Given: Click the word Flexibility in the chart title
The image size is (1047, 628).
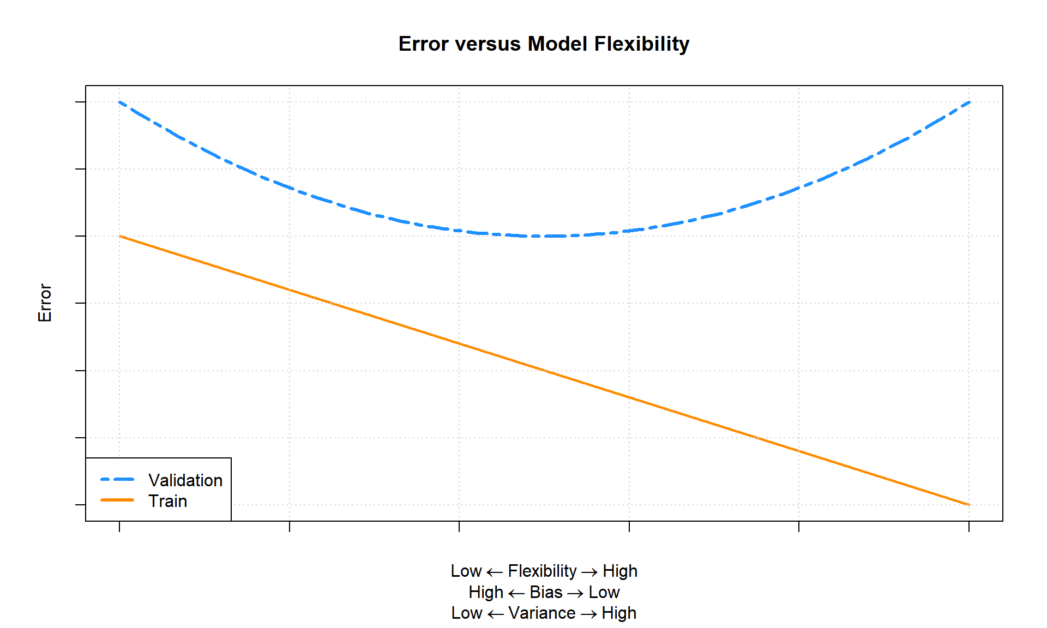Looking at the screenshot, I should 642,44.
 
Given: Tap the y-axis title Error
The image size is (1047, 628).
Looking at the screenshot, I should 45,303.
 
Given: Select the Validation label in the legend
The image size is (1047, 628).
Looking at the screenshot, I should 185,480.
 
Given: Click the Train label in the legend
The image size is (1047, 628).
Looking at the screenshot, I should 168,501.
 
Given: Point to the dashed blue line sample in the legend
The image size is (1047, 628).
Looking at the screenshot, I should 117,480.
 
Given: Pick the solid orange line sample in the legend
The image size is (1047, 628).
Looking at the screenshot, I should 117,500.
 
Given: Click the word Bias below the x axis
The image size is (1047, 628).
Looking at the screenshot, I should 546,592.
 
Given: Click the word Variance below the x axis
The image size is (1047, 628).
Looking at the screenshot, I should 542,613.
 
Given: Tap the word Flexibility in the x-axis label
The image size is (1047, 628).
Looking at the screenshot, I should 542,571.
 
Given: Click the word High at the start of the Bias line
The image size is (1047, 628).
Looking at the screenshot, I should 486,592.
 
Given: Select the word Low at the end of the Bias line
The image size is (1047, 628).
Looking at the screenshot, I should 604,592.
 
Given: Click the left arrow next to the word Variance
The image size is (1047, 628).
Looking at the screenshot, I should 495,614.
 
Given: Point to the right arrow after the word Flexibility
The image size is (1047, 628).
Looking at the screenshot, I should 589,572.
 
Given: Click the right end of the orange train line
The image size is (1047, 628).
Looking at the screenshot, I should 968,504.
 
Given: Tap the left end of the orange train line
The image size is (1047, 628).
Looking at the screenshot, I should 120,237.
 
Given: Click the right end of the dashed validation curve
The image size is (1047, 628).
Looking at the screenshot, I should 968,102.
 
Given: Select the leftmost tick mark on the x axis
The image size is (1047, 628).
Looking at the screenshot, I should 119,526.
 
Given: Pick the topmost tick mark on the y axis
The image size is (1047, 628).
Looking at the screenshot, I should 80,102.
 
